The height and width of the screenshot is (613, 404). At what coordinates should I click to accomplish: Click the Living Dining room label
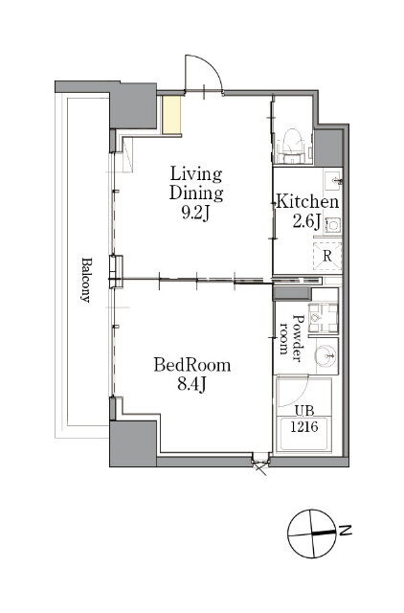click(196, 184)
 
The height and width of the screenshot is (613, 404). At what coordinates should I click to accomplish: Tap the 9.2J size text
click(196, 213)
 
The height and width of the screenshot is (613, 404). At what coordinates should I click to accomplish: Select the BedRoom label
click(191, 365)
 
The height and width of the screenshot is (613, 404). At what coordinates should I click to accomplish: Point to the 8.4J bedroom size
click(191, 385)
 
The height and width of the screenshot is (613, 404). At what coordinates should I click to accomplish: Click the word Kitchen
click(307, 202)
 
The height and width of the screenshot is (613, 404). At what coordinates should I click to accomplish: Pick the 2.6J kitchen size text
click(306, 221)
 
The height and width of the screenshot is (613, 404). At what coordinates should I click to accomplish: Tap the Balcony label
click(86, 280)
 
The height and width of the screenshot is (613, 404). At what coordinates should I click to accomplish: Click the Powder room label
click(292, 334)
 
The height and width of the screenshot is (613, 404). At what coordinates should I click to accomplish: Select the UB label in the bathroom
click(304, 411)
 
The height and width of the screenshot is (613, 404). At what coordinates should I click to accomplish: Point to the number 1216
click(304, 425)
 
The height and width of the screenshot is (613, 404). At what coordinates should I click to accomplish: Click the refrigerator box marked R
click(327, 256)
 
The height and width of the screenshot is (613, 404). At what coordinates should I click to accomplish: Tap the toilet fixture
click(292, 144)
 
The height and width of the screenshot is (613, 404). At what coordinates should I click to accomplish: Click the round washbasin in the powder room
click(326, 355)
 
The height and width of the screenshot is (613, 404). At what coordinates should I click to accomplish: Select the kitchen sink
click(333, 181)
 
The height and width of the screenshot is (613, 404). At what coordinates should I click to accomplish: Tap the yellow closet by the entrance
click(172, 115)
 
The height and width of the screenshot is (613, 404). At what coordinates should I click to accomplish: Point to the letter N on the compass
click(346, 531)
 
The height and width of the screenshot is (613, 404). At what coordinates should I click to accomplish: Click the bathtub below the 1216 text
click(304, 435)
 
